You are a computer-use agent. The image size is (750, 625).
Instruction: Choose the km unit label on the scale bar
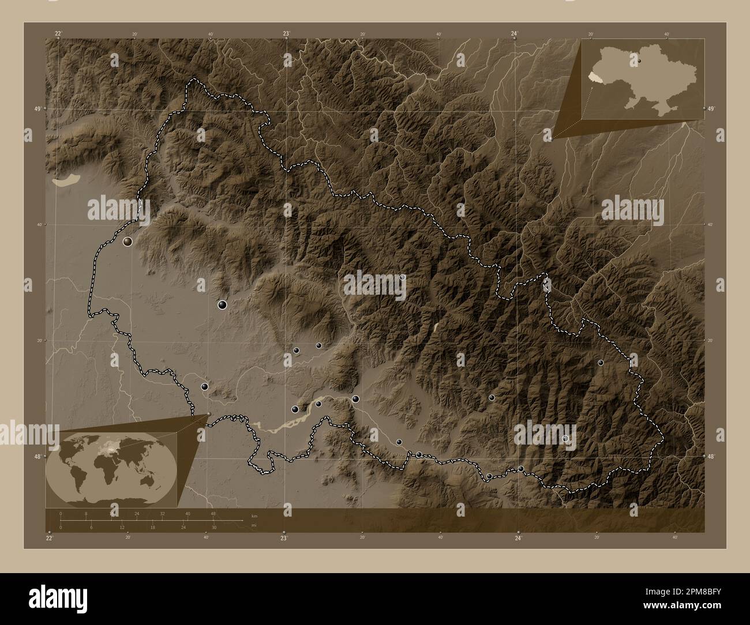pyautogui.click(x=254, y=515)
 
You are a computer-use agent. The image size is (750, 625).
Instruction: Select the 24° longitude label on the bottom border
pyautogui.click(x=519, y=539)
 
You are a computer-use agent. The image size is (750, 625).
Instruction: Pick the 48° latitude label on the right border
pyautogui.click(x=711, y=457)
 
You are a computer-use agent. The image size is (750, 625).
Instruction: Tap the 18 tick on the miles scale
pyautogui.click(x=152, y=527)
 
